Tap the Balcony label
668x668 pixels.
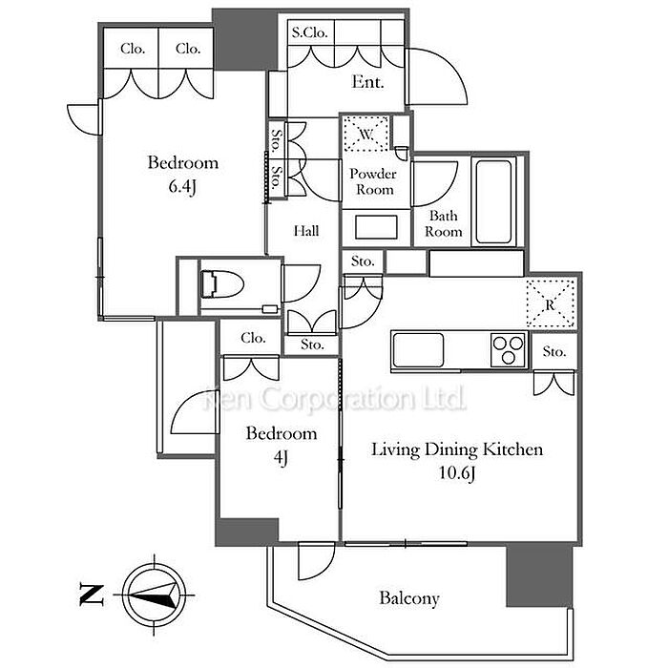click(409, 598)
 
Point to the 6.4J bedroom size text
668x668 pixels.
click(182, 186)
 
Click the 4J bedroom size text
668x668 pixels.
click(281, 457)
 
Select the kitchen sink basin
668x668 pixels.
click(417, 348)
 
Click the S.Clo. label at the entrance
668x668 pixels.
click(310, 32)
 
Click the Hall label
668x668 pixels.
click(306, 231)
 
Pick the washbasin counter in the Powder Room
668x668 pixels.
click(376, 228)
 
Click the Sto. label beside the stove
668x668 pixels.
click(554, 352)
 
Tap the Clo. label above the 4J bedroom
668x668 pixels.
click(253, 338)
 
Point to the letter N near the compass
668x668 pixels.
click(90, 595)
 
